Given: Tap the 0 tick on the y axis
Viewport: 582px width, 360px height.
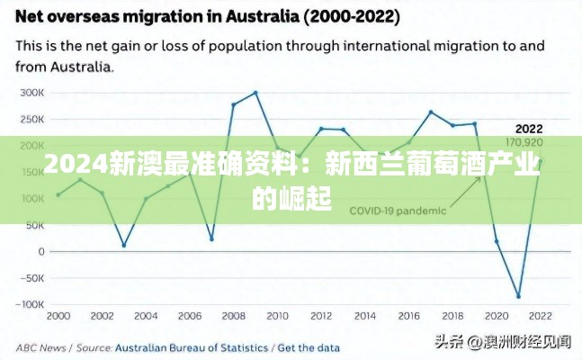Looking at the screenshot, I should (x=40, y=252).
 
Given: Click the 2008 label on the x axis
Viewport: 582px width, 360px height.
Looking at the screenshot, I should (x=234, y=316).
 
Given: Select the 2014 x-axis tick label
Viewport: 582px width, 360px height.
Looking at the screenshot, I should (x=365, y=316).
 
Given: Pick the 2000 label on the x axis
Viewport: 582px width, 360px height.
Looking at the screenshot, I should (x=58, y=316).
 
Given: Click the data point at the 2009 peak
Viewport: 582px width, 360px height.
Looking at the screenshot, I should (x=255, y=93).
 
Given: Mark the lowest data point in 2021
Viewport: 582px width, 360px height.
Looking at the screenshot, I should (x=518, y=296).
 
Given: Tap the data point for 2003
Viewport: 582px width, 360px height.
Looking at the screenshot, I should (x=124, y=245).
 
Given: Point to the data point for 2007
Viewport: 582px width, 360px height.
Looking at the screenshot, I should (x=211, y=239).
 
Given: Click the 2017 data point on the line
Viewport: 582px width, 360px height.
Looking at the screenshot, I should (x=431, y=112).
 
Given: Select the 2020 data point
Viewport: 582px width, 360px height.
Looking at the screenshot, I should (x=497, y=241).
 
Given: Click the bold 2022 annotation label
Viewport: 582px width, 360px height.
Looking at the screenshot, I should (x=528, y=129).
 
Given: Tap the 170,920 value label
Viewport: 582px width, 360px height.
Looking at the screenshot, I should (x=524, y=142).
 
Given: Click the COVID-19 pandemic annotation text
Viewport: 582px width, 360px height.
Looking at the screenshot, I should (x=397, y=211).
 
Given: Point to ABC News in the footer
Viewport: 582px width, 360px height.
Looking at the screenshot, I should (x=40, y=346).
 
